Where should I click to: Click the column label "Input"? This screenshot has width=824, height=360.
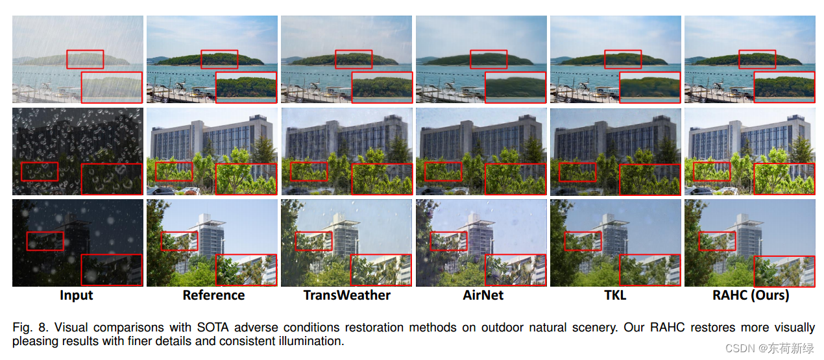[x=77, y=295]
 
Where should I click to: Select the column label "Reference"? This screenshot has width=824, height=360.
[x=213, y=295]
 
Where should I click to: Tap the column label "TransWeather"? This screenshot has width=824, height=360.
[x=347, y=295]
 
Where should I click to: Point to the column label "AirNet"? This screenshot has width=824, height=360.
[x=483, y=295]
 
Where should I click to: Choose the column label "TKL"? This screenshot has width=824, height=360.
[x=616, y=295]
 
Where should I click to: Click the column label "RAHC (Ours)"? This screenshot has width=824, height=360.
[x=749, y=295]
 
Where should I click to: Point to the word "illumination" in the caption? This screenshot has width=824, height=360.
[x=313, y=341]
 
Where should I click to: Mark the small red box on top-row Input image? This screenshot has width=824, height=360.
[x=84, y=59]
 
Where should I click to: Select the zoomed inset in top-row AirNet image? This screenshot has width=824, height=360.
[x=516, y=87]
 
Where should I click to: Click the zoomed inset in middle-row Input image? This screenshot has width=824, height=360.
[x=111, y=179]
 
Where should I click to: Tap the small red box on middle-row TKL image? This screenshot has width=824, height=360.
[x=577, y=172]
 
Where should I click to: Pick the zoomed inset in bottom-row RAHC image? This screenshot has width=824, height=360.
[x=784, y=270]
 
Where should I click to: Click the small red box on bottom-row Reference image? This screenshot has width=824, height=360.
[x=180, y=241]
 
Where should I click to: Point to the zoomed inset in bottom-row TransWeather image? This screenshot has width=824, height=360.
[x=381, y=270]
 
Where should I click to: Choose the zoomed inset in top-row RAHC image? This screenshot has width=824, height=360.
[x=784, y=87]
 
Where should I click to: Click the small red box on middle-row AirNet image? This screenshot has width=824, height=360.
[x=443, y=172]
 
